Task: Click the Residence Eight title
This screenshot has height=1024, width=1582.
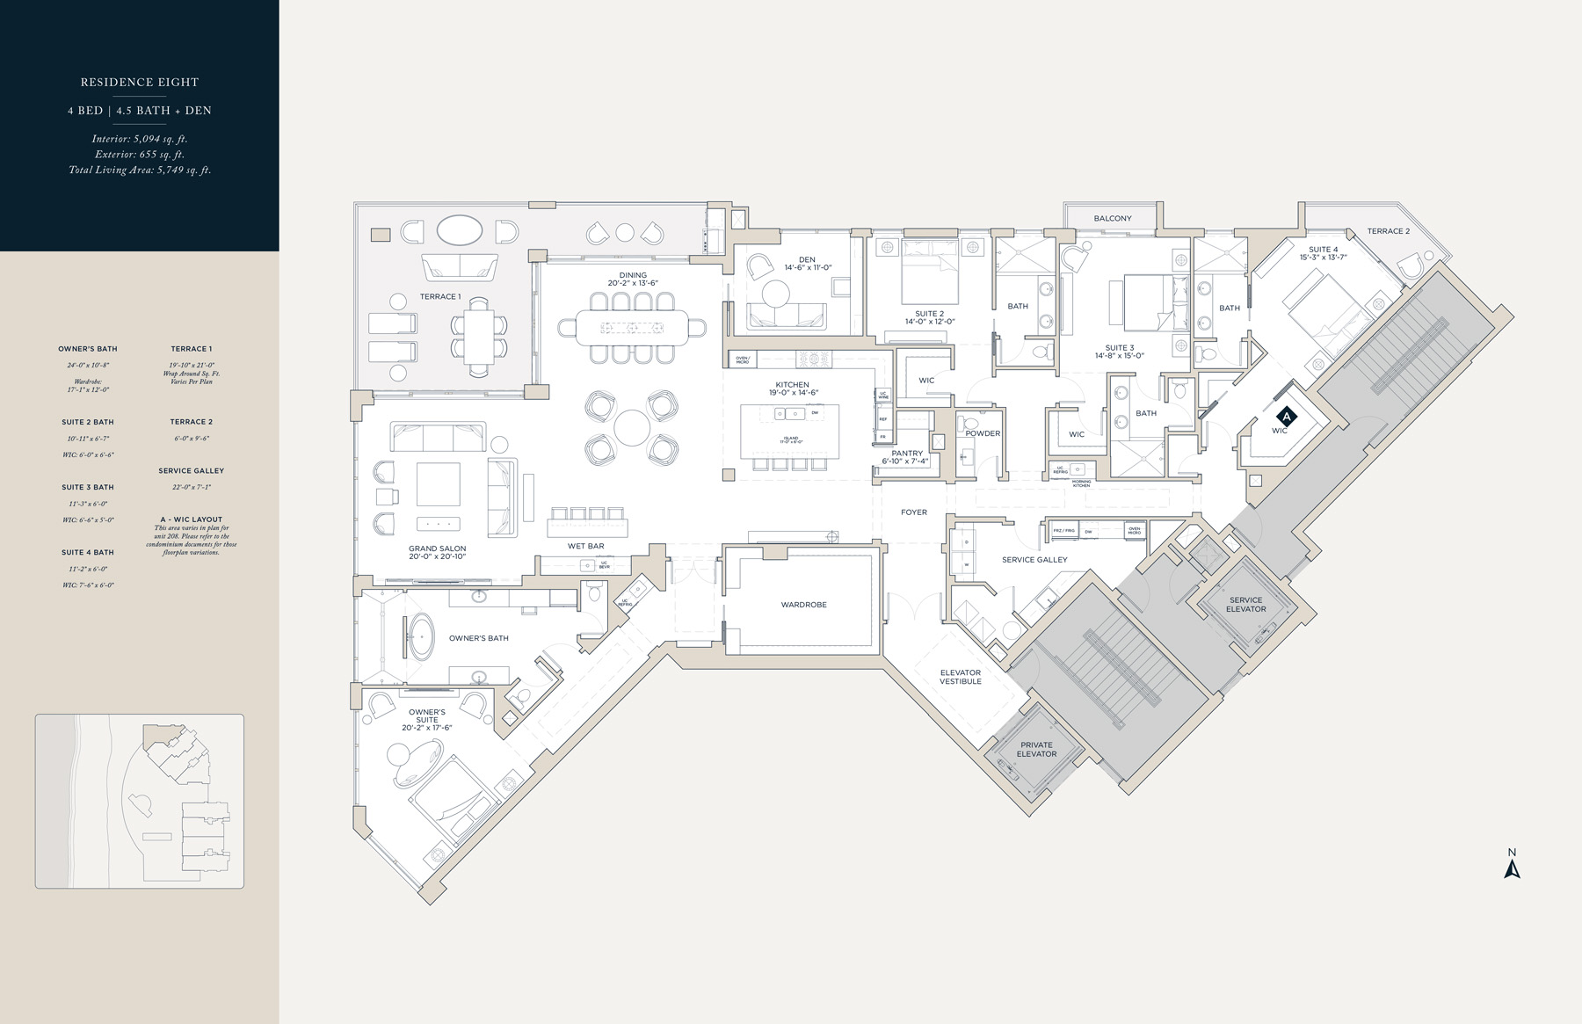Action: click(x=140, y=83)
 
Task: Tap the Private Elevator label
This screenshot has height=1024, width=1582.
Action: click(x=1036, y=749)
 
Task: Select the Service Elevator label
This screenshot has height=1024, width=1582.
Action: click(x=1245, y=605)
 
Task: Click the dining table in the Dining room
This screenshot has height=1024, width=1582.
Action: click(x=632, y=328)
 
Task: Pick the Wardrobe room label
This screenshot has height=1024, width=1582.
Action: click(x=803, y=605)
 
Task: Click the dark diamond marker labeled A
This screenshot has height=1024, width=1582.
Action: click(x=1286, y=416)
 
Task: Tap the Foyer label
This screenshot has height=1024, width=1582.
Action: click(x=913, y=512)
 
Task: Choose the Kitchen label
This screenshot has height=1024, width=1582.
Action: click(x=792, y=385)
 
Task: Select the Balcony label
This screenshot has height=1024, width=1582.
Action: click(x=1113, y=219)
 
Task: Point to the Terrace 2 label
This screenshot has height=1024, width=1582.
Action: click(x=1388, y=231)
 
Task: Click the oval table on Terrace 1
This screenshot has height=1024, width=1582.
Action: click(x=459, y=231)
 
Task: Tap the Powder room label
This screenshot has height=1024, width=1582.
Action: click(x=983, y=433)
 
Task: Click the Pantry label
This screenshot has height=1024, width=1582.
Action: click(x=907, y=454)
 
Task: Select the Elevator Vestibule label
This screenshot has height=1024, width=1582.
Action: click(x=960, y=677)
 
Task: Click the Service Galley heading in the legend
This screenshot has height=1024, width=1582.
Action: click(x=191, y=471)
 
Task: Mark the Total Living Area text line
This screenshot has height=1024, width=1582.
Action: click(x=140, y=171)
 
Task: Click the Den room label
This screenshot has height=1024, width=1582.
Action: click(x=807, y=260)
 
